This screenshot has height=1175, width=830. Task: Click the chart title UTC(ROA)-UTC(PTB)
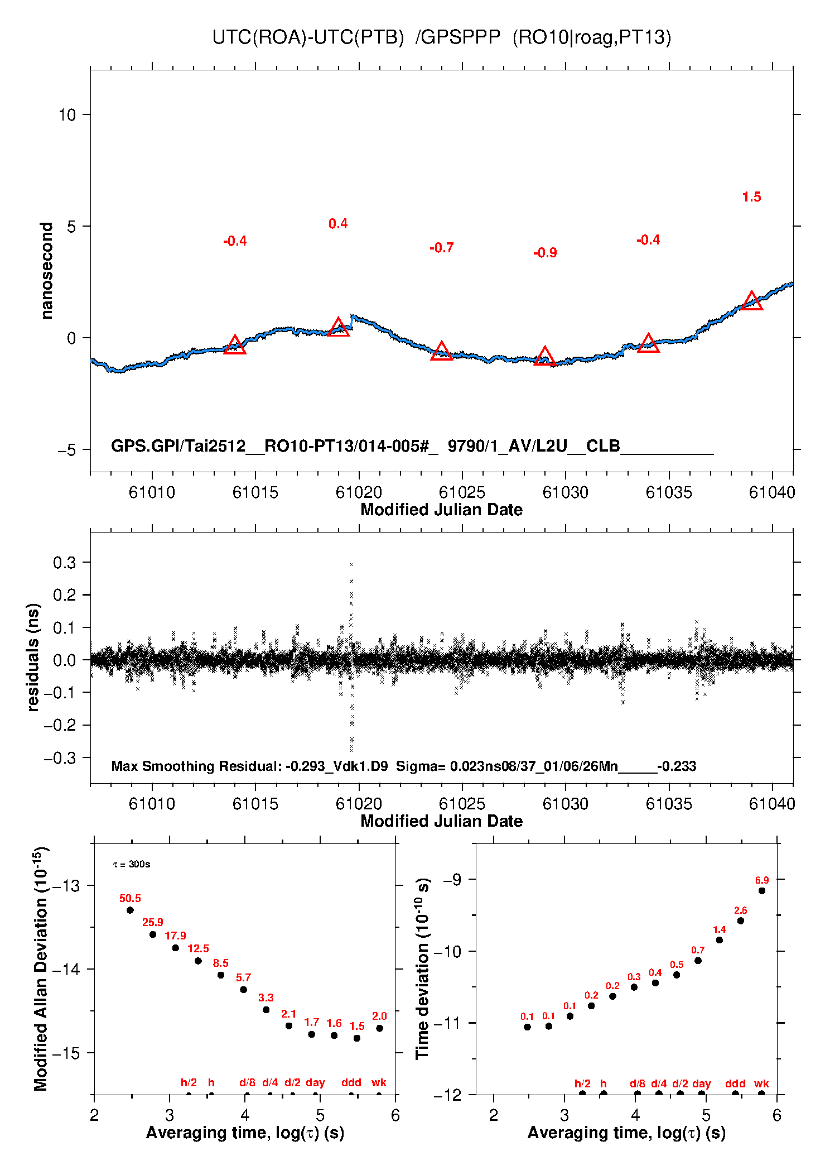coord(307,37)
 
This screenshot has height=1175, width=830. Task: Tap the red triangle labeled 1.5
coord(751,301)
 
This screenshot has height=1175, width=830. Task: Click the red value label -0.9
coord(545,253)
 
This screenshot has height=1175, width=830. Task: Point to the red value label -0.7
coord(441,248)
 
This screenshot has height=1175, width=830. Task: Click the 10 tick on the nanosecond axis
coord(67,115)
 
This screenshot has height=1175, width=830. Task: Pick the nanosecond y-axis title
coord(46,270)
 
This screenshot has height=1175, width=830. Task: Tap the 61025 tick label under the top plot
coord(462,492)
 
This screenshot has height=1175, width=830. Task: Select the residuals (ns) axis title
coord(33,657)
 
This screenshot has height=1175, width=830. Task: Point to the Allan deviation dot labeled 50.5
coord(130,910)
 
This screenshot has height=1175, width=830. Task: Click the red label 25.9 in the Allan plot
coord(152,922)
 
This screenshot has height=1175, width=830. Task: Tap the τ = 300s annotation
coord(132,864)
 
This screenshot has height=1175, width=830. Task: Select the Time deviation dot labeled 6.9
coord(761,891)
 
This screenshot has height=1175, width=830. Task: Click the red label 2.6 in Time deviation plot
coord(740,910)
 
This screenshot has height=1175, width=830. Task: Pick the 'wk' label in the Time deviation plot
coord(761,1083)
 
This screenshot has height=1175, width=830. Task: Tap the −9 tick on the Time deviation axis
coord(452,880)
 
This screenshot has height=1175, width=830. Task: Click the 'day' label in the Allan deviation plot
coord(315,1082)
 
